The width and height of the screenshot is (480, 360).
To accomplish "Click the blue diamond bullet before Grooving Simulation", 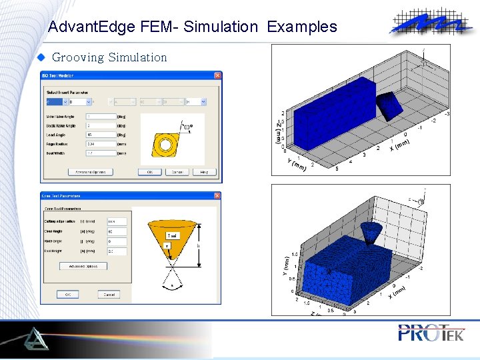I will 40,57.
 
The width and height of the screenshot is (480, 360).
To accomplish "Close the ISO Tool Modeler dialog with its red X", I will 217,75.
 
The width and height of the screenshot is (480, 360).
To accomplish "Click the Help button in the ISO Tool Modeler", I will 204,172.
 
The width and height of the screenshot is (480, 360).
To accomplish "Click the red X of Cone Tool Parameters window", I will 217,196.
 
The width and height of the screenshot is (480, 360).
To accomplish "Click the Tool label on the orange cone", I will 171,235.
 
